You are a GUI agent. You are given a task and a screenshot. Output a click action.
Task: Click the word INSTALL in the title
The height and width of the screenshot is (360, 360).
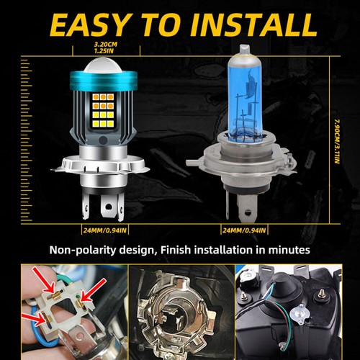tap(253, 24)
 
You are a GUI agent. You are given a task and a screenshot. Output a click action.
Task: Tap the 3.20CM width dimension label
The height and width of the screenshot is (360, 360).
tap(105, 45)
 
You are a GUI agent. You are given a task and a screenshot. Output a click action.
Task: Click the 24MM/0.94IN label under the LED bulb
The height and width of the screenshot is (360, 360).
tap(104, 230)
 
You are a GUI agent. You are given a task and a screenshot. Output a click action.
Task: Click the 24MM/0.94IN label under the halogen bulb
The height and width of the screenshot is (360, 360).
tap(244, 230)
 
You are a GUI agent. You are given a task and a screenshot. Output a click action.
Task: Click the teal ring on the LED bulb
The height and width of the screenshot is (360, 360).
tap(104, 79)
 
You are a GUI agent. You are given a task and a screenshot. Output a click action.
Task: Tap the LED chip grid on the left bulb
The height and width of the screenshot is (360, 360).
tap(103, 110)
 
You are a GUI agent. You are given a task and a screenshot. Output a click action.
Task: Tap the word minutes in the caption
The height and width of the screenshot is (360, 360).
tap(289, 250)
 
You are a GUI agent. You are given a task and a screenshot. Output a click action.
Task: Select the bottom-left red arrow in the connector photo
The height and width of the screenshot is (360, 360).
tap(33, 319)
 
